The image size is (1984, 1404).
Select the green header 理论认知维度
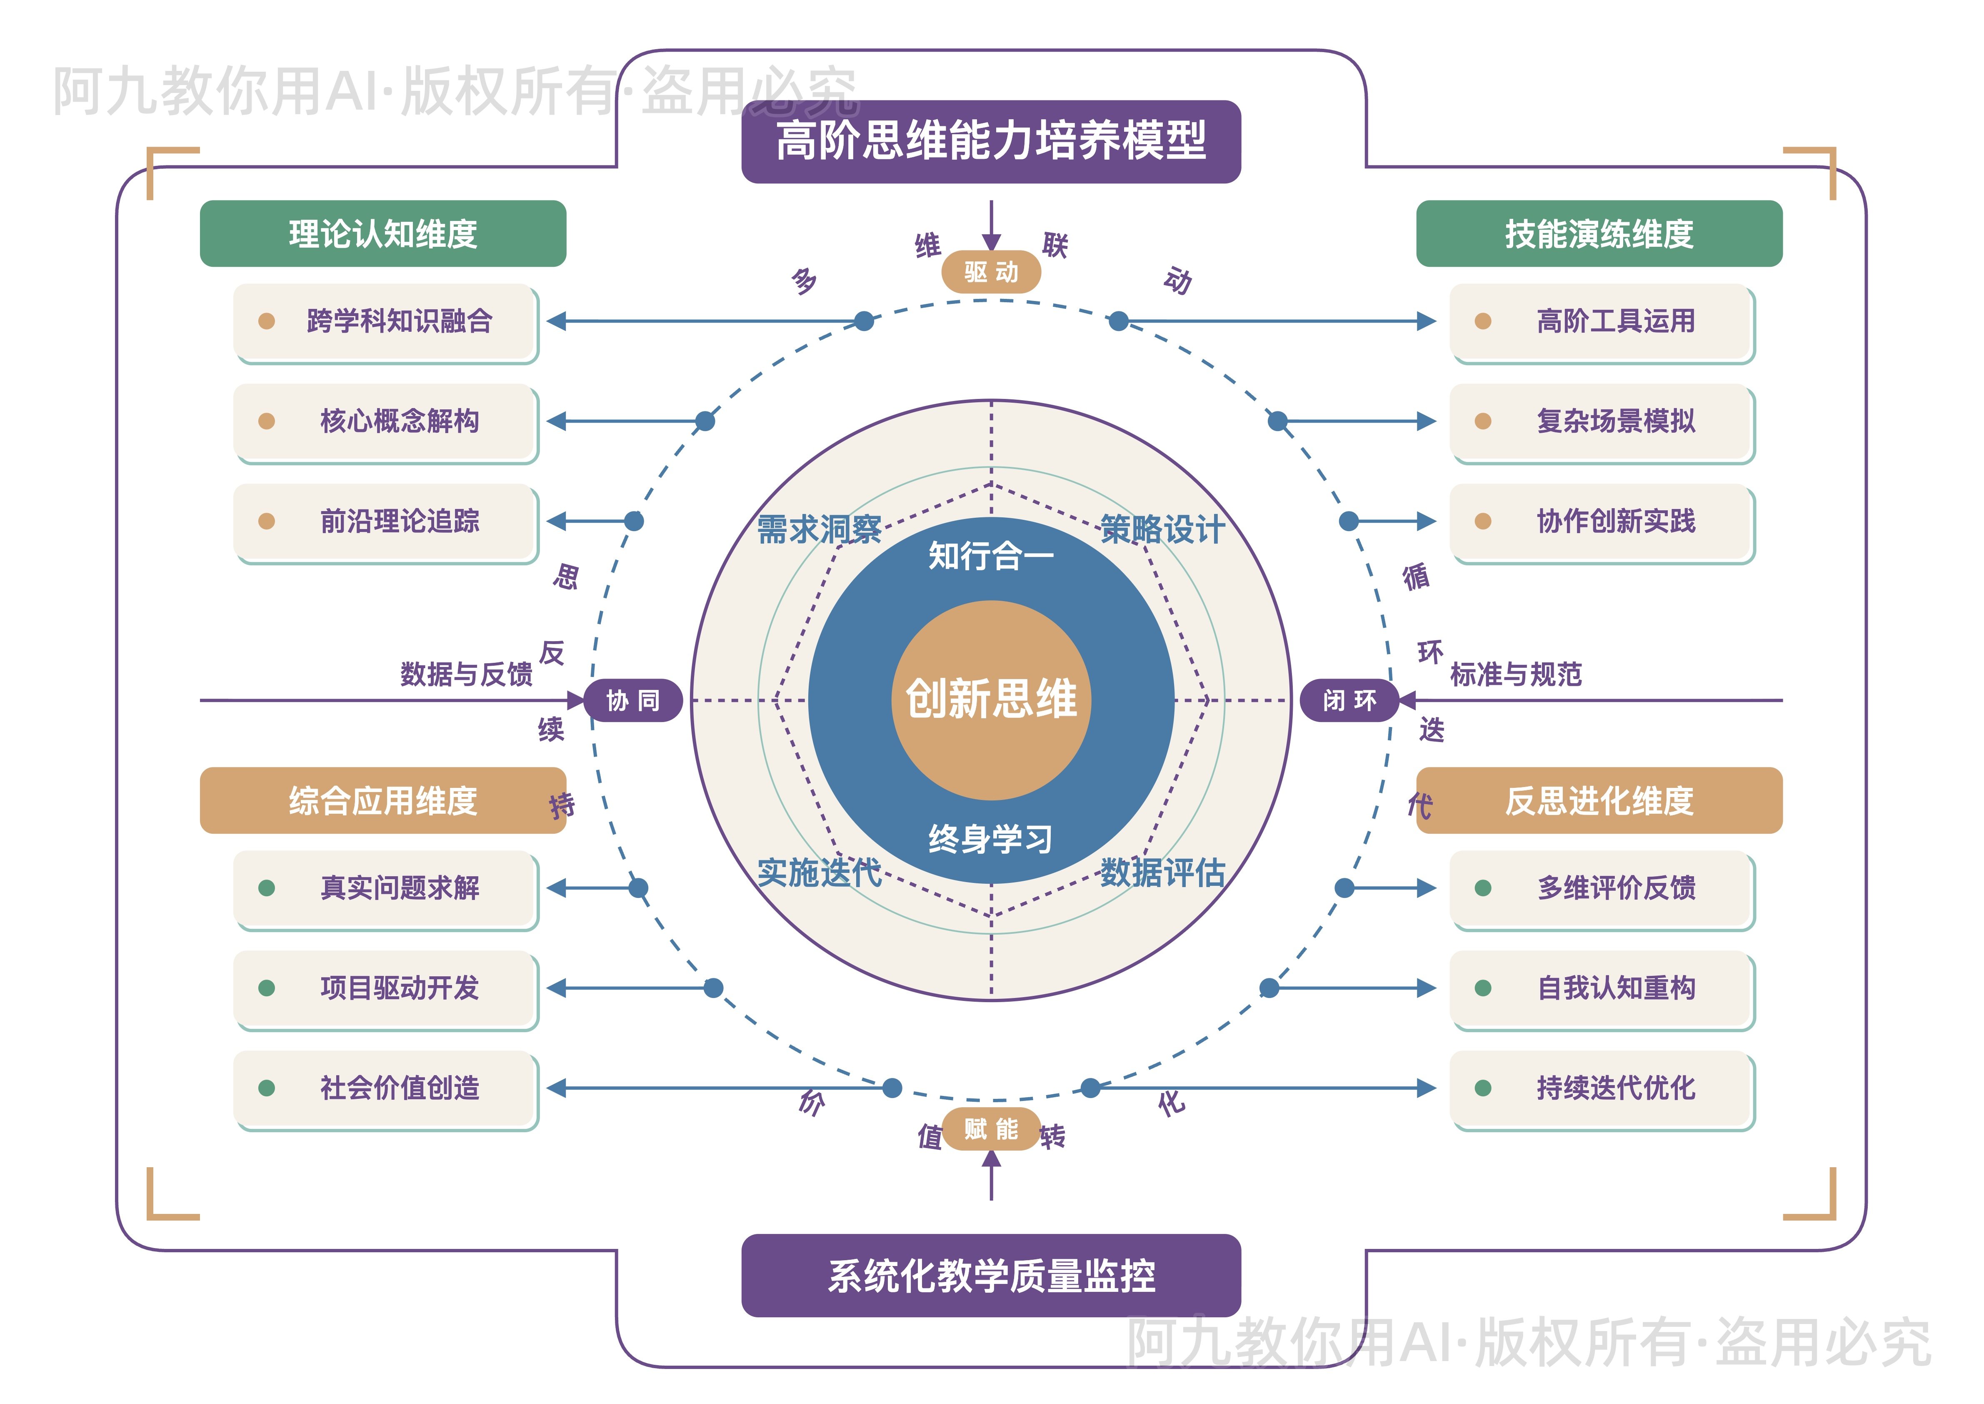383,233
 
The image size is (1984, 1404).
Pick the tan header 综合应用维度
383,800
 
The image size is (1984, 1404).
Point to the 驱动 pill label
991,272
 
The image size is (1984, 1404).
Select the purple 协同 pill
633,700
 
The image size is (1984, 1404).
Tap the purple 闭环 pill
1349,700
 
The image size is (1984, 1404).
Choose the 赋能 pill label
991,1129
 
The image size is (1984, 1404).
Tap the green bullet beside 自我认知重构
1483,988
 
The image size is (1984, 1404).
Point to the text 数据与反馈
467,674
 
